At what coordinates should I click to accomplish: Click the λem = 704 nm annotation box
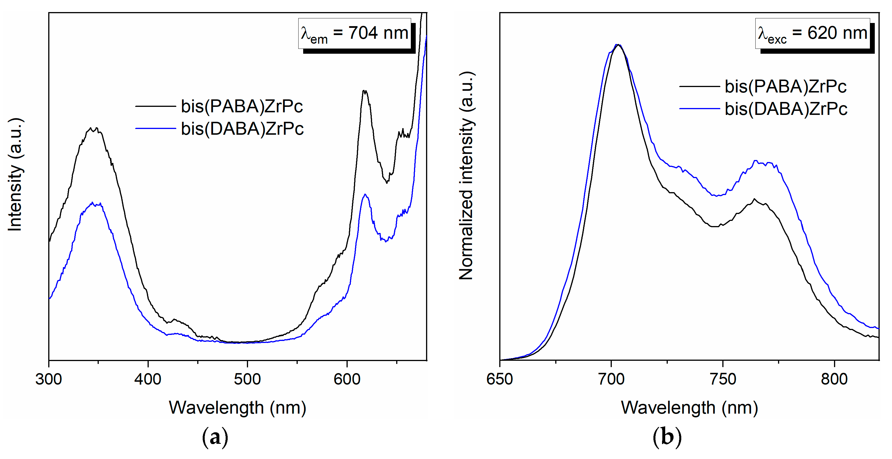(x=355, y=34)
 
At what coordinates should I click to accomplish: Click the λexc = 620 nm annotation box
(x=812, y=34)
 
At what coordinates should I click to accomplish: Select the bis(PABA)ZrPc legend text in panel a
(x=242, y=106)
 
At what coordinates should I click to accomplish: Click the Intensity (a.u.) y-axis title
(x=15, y=175)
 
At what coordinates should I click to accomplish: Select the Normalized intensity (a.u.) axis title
(x=467, y=175)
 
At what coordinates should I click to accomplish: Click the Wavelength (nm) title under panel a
(x=237, y=408)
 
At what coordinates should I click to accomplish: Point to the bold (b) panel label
(x=667, y=437)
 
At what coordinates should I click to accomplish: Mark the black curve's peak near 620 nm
(x=364, y=91)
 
